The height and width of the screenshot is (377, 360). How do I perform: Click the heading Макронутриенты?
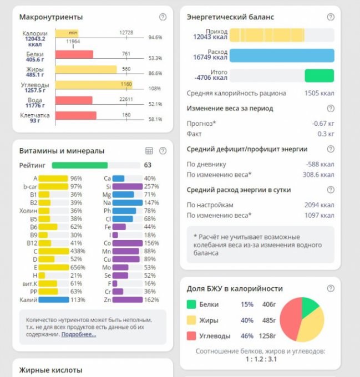(51, 17)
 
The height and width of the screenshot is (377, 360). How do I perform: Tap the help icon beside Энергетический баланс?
(331, 17)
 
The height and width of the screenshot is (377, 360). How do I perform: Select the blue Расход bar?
(281, 55)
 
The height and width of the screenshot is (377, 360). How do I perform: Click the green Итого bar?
(319, 75)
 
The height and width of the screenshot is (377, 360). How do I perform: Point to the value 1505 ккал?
(320, 93)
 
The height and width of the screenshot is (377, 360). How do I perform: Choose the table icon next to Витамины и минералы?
(149, 151)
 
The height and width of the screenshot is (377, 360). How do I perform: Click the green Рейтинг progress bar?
(79, 165)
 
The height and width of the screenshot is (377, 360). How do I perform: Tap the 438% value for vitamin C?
(76, 251)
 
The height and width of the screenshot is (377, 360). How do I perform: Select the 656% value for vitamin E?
(76, 267)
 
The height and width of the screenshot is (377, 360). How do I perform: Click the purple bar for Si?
(127, 186)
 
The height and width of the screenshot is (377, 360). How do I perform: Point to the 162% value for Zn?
(151, 299)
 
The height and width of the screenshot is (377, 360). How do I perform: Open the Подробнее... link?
(78, 334)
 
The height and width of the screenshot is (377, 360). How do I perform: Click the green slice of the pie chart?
(310, 306)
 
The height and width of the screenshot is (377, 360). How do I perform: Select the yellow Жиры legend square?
(191, 320)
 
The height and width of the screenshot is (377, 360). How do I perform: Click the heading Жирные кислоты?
(51, 370)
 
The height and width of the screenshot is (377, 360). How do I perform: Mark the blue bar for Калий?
(54, 299)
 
